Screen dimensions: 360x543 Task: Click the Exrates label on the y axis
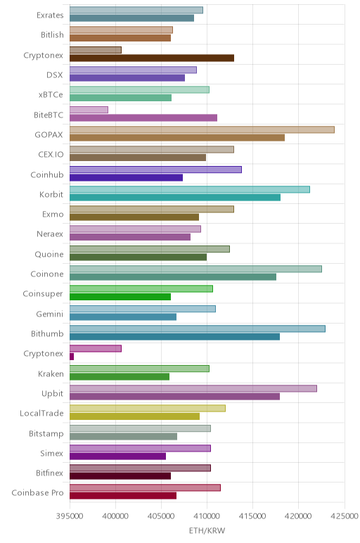(50, 15)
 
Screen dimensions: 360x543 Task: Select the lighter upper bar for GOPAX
(202, 129)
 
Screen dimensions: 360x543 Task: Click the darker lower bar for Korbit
(175, 198)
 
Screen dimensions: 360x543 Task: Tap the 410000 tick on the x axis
(207, 516)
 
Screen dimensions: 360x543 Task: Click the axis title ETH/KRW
(207, 530)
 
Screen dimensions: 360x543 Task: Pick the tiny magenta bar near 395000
(72, 357)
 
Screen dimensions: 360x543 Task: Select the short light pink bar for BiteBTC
(89, 110)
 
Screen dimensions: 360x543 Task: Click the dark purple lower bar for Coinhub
(126, 177)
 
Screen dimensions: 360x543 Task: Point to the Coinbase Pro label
(38, 493)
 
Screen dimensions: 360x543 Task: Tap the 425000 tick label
(345, 516)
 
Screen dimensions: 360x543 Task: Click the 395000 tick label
(70, 516)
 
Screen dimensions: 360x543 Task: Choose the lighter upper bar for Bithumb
(198, 328)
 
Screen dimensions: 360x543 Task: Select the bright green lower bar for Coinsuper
(120, 297)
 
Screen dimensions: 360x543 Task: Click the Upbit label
(52, 393)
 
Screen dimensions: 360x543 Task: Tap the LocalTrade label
(41, 413)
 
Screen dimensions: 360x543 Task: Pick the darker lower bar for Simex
(117, 456)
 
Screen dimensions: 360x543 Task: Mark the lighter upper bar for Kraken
(139, 369)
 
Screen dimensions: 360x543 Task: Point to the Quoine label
(49, 254)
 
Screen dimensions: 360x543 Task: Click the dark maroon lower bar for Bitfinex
(120, 475)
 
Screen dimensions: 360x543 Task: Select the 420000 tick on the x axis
(299, 516)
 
